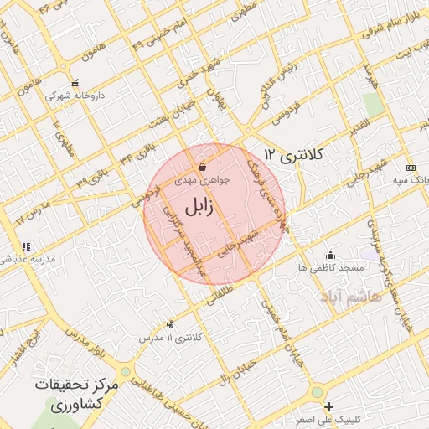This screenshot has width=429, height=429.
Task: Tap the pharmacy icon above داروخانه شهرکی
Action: click(x=75, y=84)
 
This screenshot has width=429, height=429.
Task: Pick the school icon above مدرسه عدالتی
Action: click(x=26, y=246)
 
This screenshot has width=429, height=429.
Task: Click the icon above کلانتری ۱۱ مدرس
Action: click(x=171, y=324)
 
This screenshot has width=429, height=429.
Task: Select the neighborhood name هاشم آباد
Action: click(x=350, y=297)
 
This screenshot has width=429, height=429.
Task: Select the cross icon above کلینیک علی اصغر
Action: click(x=328, y=407)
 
